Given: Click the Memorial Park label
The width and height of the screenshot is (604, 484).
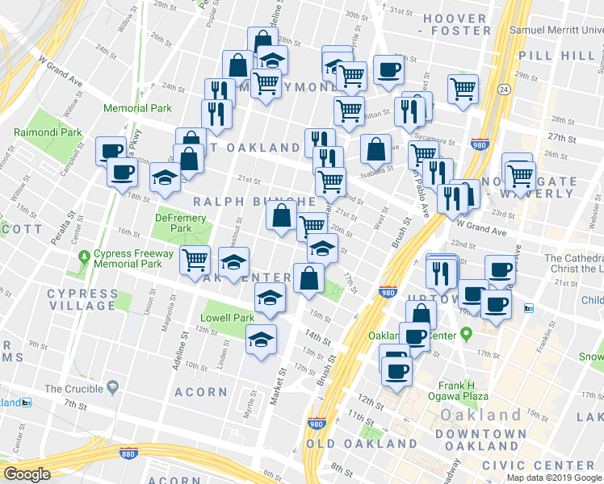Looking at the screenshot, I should (137, 108).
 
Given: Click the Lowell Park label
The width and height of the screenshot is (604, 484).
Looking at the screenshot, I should (227, 318).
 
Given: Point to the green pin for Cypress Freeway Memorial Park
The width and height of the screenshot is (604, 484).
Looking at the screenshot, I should (84, 257).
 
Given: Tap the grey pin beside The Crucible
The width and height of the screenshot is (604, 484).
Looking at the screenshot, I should (112, 388).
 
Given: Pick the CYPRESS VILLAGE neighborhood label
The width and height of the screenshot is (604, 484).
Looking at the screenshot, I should (82, 299).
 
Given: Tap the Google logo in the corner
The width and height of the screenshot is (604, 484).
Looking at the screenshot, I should (27, 474).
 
